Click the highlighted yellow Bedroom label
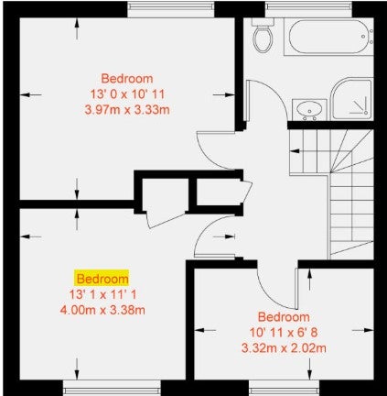102,279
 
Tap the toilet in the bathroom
263,36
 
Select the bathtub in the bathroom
328,37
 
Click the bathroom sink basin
309,110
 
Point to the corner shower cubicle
351,99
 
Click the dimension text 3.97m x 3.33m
127,110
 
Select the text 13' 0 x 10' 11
127,94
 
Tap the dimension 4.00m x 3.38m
102,311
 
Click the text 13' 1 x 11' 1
102,294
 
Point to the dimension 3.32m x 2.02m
284,348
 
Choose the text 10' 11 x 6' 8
284,332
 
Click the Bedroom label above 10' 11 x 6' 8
284,317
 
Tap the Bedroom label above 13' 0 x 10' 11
127,79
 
